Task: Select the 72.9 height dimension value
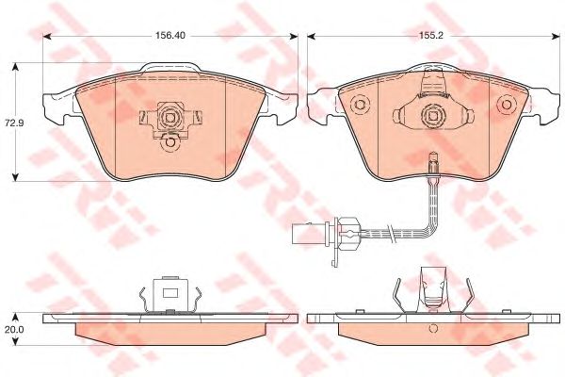click(x=12, y=123)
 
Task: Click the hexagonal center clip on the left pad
click(x=170, y=117)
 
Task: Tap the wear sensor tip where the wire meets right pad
click(x=432, y=162)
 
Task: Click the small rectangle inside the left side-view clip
click(x=170, y=291)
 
